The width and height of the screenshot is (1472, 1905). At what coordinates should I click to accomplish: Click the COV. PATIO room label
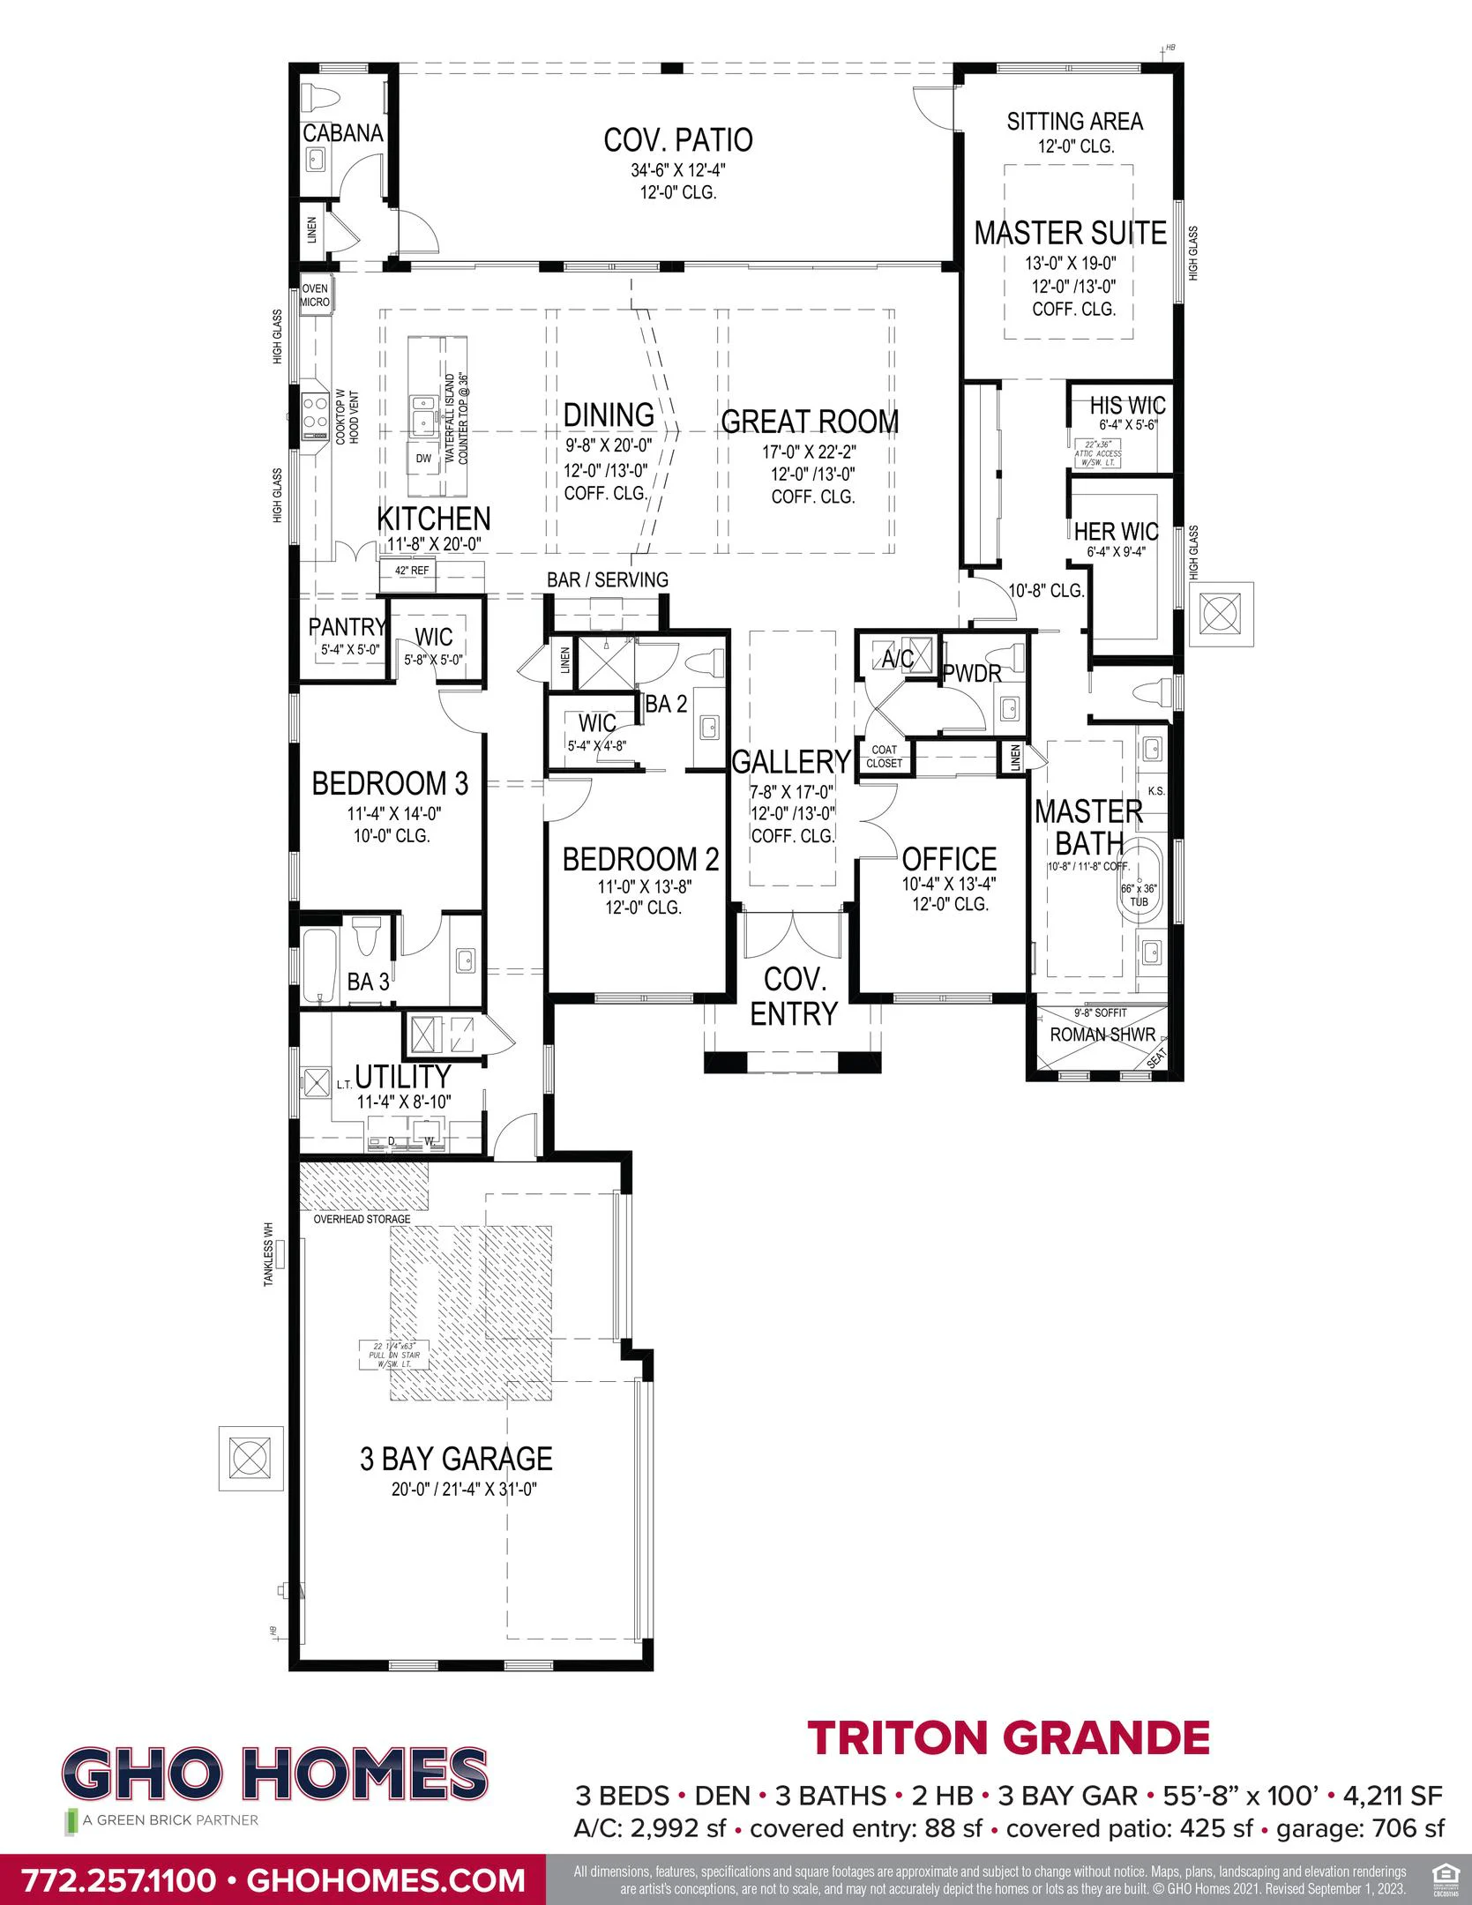[677, 140]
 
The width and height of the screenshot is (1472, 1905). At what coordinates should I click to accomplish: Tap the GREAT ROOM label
[810, 422]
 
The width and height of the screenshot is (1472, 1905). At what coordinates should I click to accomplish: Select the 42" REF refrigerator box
[412, 571]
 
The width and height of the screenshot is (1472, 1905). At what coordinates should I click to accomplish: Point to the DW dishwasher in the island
[423, 459]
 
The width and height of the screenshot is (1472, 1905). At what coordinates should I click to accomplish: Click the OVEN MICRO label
[315, 295]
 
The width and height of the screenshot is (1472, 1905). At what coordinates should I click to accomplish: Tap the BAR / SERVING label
[607, 579]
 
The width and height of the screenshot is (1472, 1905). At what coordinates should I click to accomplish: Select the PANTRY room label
[347, 627]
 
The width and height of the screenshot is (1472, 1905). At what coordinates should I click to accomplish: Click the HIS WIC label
[1127, 406]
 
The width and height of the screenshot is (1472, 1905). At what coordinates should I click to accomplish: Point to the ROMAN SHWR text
[1102, 1035]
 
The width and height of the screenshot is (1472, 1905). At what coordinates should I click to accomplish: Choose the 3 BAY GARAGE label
[456, 1459]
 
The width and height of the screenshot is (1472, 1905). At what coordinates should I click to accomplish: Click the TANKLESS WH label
[269, 1253]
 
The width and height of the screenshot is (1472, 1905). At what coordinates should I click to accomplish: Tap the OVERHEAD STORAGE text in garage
[362, 1219]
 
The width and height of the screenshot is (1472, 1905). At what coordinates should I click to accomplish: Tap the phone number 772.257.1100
[117, 1879]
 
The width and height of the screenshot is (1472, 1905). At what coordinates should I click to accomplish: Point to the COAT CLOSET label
[884, 756]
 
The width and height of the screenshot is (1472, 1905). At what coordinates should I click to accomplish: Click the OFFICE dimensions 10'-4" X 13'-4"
[949, 884]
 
